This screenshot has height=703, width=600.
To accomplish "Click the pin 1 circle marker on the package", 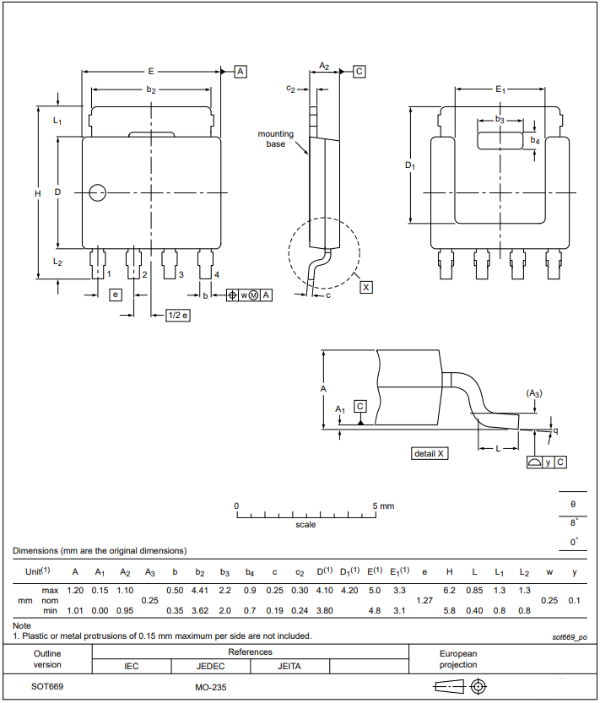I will (x=98, y=192).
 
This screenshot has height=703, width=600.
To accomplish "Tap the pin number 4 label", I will (x=217, y=275).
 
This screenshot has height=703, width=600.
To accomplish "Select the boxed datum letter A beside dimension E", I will (x=241, y=72).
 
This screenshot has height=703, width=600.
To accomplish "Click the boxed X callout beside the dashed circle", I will (x=365, y=287).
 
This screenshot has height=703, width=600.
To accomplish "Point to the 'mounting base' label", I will (x=275, y=138).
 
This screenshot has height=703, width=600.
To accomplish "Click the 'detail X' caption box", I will (x=430, y=453).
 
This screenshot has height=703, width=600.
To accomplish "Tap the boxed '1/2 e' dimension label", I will (x=177, y=315).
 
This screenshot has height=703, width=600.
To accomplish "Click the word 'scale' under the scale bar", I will (x=305, y=525).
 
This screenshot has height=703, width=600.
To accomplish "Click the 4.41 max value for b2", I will (x=200, y=590).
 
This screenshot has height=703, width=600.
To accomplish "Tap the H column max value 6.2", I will (x=449, y=590).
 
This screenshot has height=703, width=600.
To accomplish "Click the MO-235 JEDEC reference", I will (x=210, y=687).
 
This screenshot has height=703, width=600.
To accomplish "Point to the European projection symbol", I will (x=460, y=686).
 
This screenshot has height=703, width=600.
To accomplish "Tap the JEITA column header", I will (x=289, y=666).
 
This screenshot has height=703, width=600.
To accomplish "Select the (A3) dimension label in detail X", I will (x=534, y=393).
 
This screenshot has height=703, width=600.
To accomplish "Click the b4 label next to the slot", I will (x=535, y=141).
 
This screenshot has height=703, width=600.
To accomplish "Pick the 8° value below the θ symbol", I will (x=574, y=522).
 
